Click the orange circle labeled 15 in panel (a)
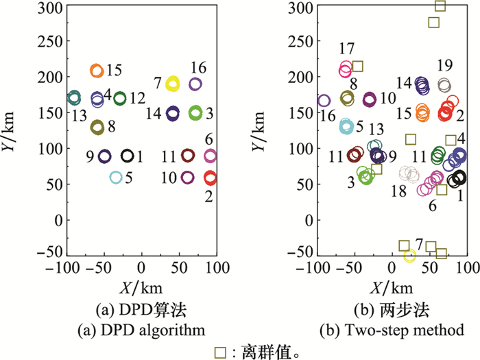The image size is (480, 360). pyautogui.click(x=97, y=70)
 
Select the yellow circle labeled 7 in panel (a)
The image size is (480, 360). pyautogui.click(x=172, y=84)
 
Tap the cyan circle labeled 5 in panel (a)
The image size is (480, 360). pyautogui.click(x=116, y=178)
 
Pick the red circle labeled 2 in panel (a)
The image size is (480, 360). pyautogui.click(x=211, y=178)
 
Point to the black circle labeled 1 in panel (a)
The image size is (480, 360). pyautogui.click(x=128, y=156)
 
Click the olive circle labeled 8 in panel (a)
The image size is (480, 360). pyautogui.click(x=97, y=127)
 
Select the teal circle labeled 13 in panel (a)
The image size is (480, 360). pyautogui.click(x=73, y=97)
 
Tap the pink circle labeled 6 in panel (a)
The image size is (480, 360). pyautogui.click(x=211, y=156)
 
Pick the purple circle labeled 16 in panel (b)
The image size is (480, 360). pyautogui.click(x=324, y=101)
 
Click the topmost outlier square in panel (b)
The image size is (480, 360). pyautogui.click(x=440, y=5)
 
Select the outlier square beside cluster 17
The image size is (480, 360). pyautogui.click(x=358, y=67)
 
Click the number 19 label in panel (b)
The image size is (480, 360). pyautogui.click(x=445, y=66)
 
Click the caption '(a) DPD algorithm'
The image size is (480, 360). pyautogui.click(x=143, y=331)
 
